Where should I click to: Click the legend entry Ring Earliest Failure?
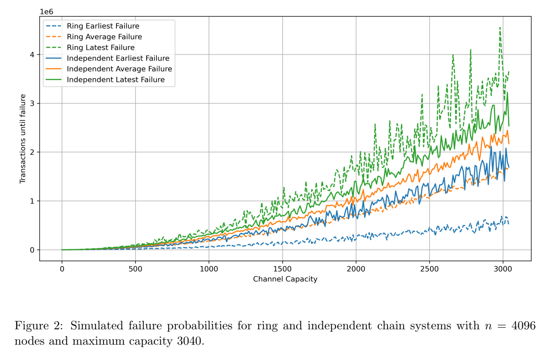(103, 26)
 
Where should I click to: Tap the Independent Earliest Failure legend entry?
(118, 58)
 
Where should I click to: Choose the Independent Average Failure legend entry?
(119, 69)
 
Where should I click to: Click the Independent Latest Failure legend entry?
(116, 80)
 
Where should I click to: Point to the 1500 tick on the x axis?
(282, 269)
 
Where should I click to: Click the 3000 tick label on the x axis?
(503, 269)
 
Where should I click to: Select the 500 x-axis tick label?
(135, 269)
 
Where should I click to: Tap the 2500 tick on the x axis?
(429, 269)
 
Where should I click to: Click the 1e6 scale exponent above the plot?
(46, 12)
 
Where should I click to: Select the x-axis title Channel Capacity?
(285, 279)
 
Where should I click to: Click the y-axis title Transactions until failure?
(23, 139)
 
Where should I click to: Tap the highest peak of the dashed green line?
(500, 28)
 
